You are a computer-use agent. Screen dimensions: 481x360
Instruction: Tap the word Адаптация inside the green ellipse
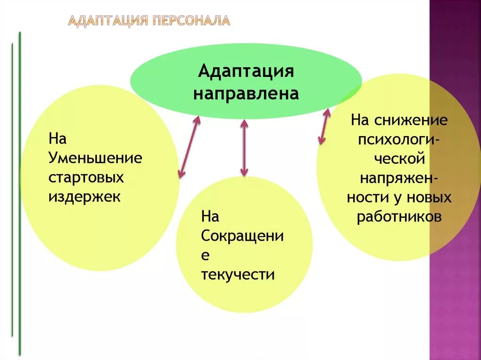(x=246, y=72)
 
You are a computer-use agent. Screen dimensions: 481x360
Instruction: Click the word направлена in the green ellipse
(x=246, y=93)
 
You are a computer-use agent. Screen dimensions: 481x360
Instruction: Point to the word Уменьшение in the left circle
(x=95, y=158)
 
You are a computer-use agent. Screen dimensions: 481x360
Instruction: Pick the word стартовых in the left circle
(x=86, y=177)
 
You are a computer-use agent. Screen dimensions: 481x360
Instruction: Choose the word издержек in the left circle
(x=85, y=196)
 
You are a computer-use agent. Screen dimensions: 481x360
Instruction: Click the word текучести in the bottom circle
(x=238, y=274)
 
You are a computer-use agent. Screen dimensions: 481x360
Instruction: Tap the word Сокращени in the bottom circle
(x=242, y=236)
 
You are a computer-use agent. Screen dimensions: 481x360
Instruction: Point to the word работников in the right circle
(x=399, y=217)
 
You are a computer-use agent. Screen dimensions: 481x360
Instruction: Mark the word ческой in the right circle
(x=399, y=159)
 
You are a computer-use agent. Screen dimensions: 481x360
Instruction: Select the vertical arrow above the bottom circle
(x=244, y=147)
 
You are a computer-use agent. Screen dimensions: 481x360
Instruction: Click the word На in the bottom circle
(x=210, y=216)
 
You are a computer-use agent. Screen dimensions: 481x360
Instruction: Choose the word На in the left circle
(x=58, y=138)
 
